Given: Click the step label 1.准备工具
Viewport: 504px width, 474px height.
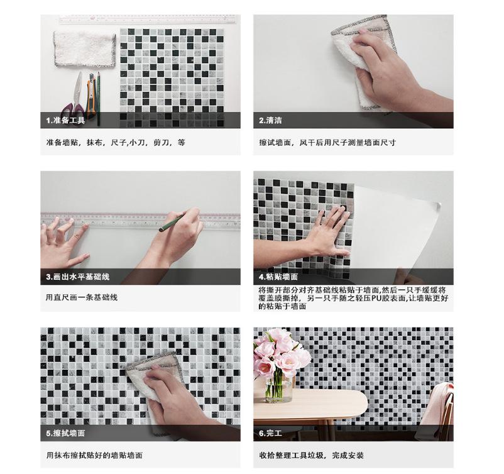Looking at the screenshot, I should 65,120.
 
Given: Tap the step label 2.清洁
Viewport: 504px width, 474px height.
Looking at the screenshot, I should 270,120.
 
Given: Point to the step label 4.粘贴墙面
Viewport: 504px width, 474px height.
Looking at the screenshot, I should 278,277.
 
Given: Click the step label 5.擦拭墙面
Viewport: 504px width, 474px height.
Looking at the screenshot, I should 65,433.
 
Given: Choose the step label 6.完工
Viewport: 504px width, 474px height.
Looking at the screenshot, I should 270,433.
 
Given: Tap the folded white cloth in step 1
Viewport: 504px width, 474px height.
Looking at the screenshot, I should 84,48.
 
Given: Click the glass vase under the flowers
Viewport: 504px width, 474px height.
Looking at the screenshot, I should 279,387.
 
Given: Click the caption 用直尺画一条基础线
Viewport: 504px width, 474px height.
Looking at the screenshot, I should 82,297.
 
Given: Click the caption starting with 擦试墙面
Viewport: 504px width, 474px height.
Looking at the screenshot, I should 327,143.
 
